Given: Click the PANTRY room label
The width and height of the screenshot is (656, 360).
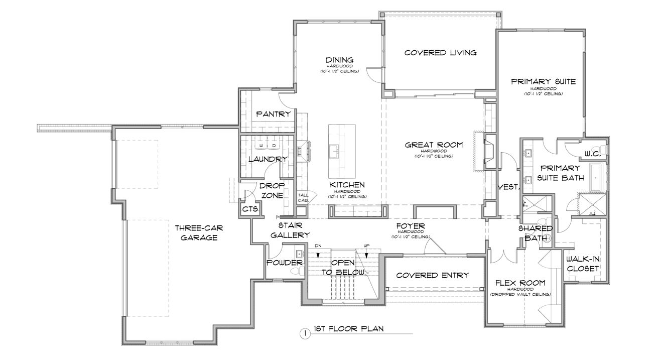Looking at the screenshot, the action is [x=274, y=114].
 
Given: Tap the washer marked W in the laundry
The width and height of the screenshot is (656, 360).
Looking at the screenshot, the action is [x=261, y=145].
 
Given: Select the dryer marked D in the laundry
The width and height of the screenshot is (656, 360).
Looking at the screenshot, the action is [x=274, y=145].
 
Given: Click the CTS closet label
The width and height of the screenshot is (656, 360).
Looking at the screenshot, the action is [x=250, y=209].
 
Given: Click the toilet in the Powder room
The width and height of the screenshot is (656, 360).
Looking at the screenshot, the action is [x=298, y=271].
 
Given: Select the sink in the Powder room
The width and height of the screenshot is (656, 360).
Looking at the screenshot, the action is [x=299, y=254].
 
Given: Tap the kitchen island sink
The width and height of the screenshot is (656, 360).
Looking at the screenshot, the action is [x=334, y=151].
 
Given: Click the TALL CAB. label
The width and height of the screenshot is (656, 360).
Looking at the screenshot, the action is [x=303, y=197].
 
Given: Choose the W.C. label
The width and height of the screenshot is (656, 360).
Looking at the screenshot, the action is [x=593, y=154].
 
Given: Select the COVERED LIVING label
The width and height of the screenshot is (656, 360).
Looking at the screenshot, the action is [x=441, y=53].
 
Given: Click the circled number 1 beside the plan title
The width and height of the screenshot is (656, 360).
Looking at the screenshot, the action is [x=305, y=333].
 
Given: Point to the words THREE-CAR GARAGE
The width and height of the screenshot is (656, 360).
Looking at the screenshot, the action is [x=199, y=232].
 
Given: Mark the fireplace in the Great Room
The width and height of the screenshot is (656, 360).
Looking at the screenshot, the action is [x=489, y=151].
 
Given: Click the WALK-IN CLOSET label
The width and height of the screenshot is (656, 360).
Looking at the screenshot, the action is [x=583, y=264].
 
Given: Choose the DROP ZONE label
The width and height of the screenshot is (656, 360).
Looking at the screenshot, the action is [x=272, y=190].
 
